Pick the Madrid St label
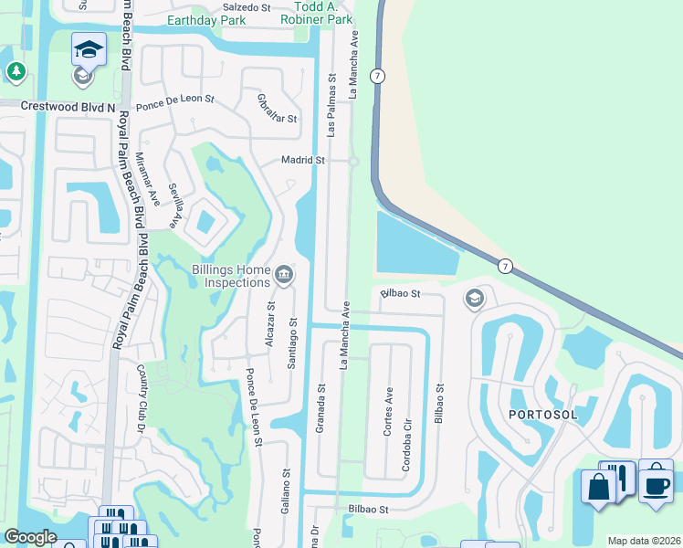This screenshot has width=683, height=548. pyautogui.click(x=303, y=160)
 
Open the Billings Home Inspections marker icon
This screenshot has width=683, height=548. pyautogui.click(x=284, y=274)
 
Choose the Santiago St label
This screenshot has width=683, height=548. pyautogui.click(x=293, y=343)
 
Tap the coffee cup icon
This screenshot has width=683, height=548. pyautogui.click(x=656, y=484)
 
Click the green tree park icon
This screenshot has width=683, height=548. pyautogui.click(x=16, y=70)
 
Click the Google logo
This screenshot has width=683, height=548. pyautogui.click(x=31, y=537)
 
